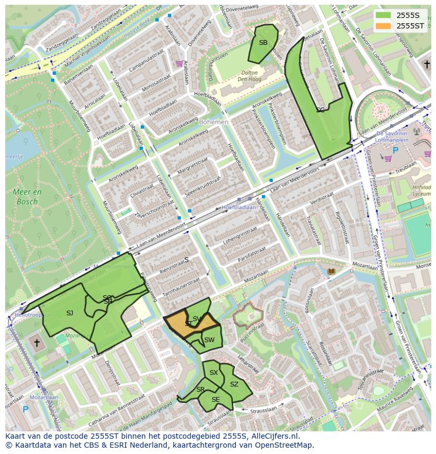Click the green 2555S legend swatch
tap(383, 15)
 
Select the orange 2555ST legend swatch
tap(383, 26)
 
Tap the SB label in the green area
tap(263, 43)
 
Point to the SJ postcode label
tap(70, 313)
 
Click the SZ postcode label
tap(234, 384)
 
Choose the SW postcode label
tap(209, 340)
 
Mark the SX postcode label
tap(213, 373)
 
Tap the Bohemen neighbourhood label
tap(214, 122)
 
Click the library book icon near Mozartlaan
tap(331, 271)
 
